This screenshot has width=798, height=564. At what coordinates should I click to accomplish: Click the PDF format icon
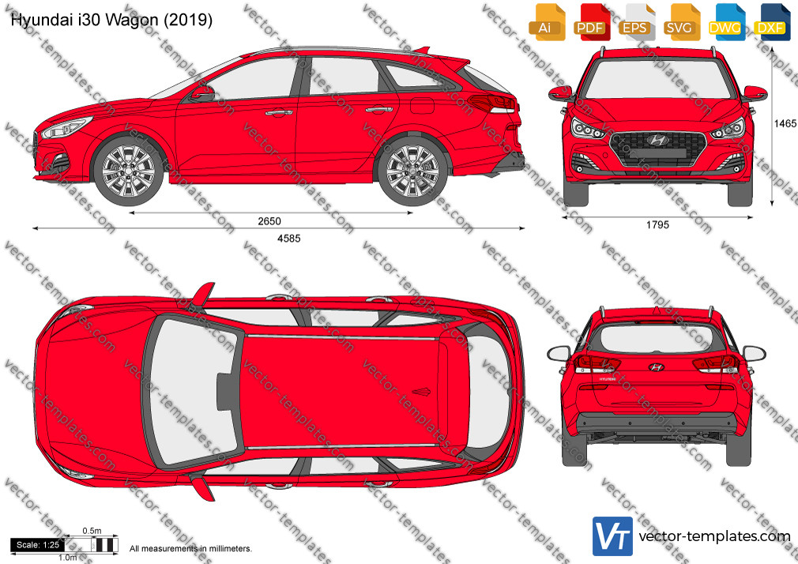coord(590,22)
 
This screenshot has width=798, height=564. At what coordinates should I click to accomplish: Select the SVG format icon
coord(679,22)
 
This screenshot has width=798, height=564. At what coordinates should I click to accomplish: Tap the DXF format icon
coord(770,22)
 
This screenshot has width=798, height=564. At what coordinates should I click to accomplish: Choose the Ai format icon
coord(545,22)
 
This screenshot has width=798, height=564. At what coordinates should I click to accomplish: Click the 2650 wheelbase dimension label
coord(269,221)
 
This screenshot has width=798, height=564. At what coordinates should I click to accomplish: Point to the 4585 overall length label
coord(288,238)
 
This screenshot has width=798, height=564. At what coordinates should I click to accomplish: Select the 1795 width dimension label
coord(657,224)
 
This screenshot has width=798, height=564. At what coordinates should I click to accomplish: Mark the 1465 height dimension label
coord(785,123)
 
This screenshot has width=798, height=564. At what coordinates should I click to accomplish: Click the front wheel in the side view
coord(129,170)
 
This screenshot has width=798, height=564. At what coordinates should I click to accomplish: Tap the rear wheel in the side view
coord(412,170)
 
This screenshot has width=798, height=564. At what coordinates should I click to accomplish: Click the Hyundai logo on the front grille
coord(657,140)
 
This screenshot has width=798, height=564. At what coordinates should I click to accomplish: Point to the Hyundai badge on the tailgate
coord(656,367)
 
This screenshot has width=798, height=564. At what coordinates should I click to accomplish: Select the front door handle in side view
coord(278,112)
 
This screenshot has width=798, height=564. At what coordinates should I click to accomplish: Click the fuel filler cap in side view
coord(422,105)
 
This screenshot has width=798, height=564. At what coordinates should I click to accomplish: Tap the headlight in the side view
coord(66,128)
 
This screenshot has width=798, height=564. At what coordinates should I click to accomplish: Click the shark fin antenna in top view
coord(421,392)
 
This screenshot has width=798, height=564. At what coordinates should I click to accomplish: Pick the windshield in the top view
coord(192,392)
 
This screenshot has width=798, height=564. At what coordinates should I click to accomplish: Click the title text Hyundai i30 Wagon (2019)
coord(111,20)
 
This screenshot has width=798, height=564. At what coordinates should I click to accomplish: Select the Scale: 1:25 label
coord(38,545)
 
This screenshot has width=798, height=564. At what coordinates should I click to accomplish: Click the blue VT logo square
coord(613,536)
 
